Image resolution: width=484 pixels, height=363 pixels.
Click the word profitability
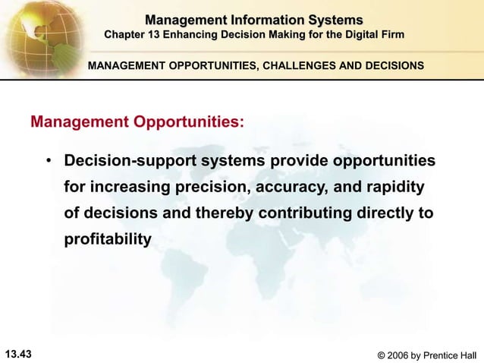(x=108, y=239)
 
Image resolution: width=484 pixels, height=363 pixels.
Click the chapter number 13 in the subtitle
(x=160, y=35)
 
